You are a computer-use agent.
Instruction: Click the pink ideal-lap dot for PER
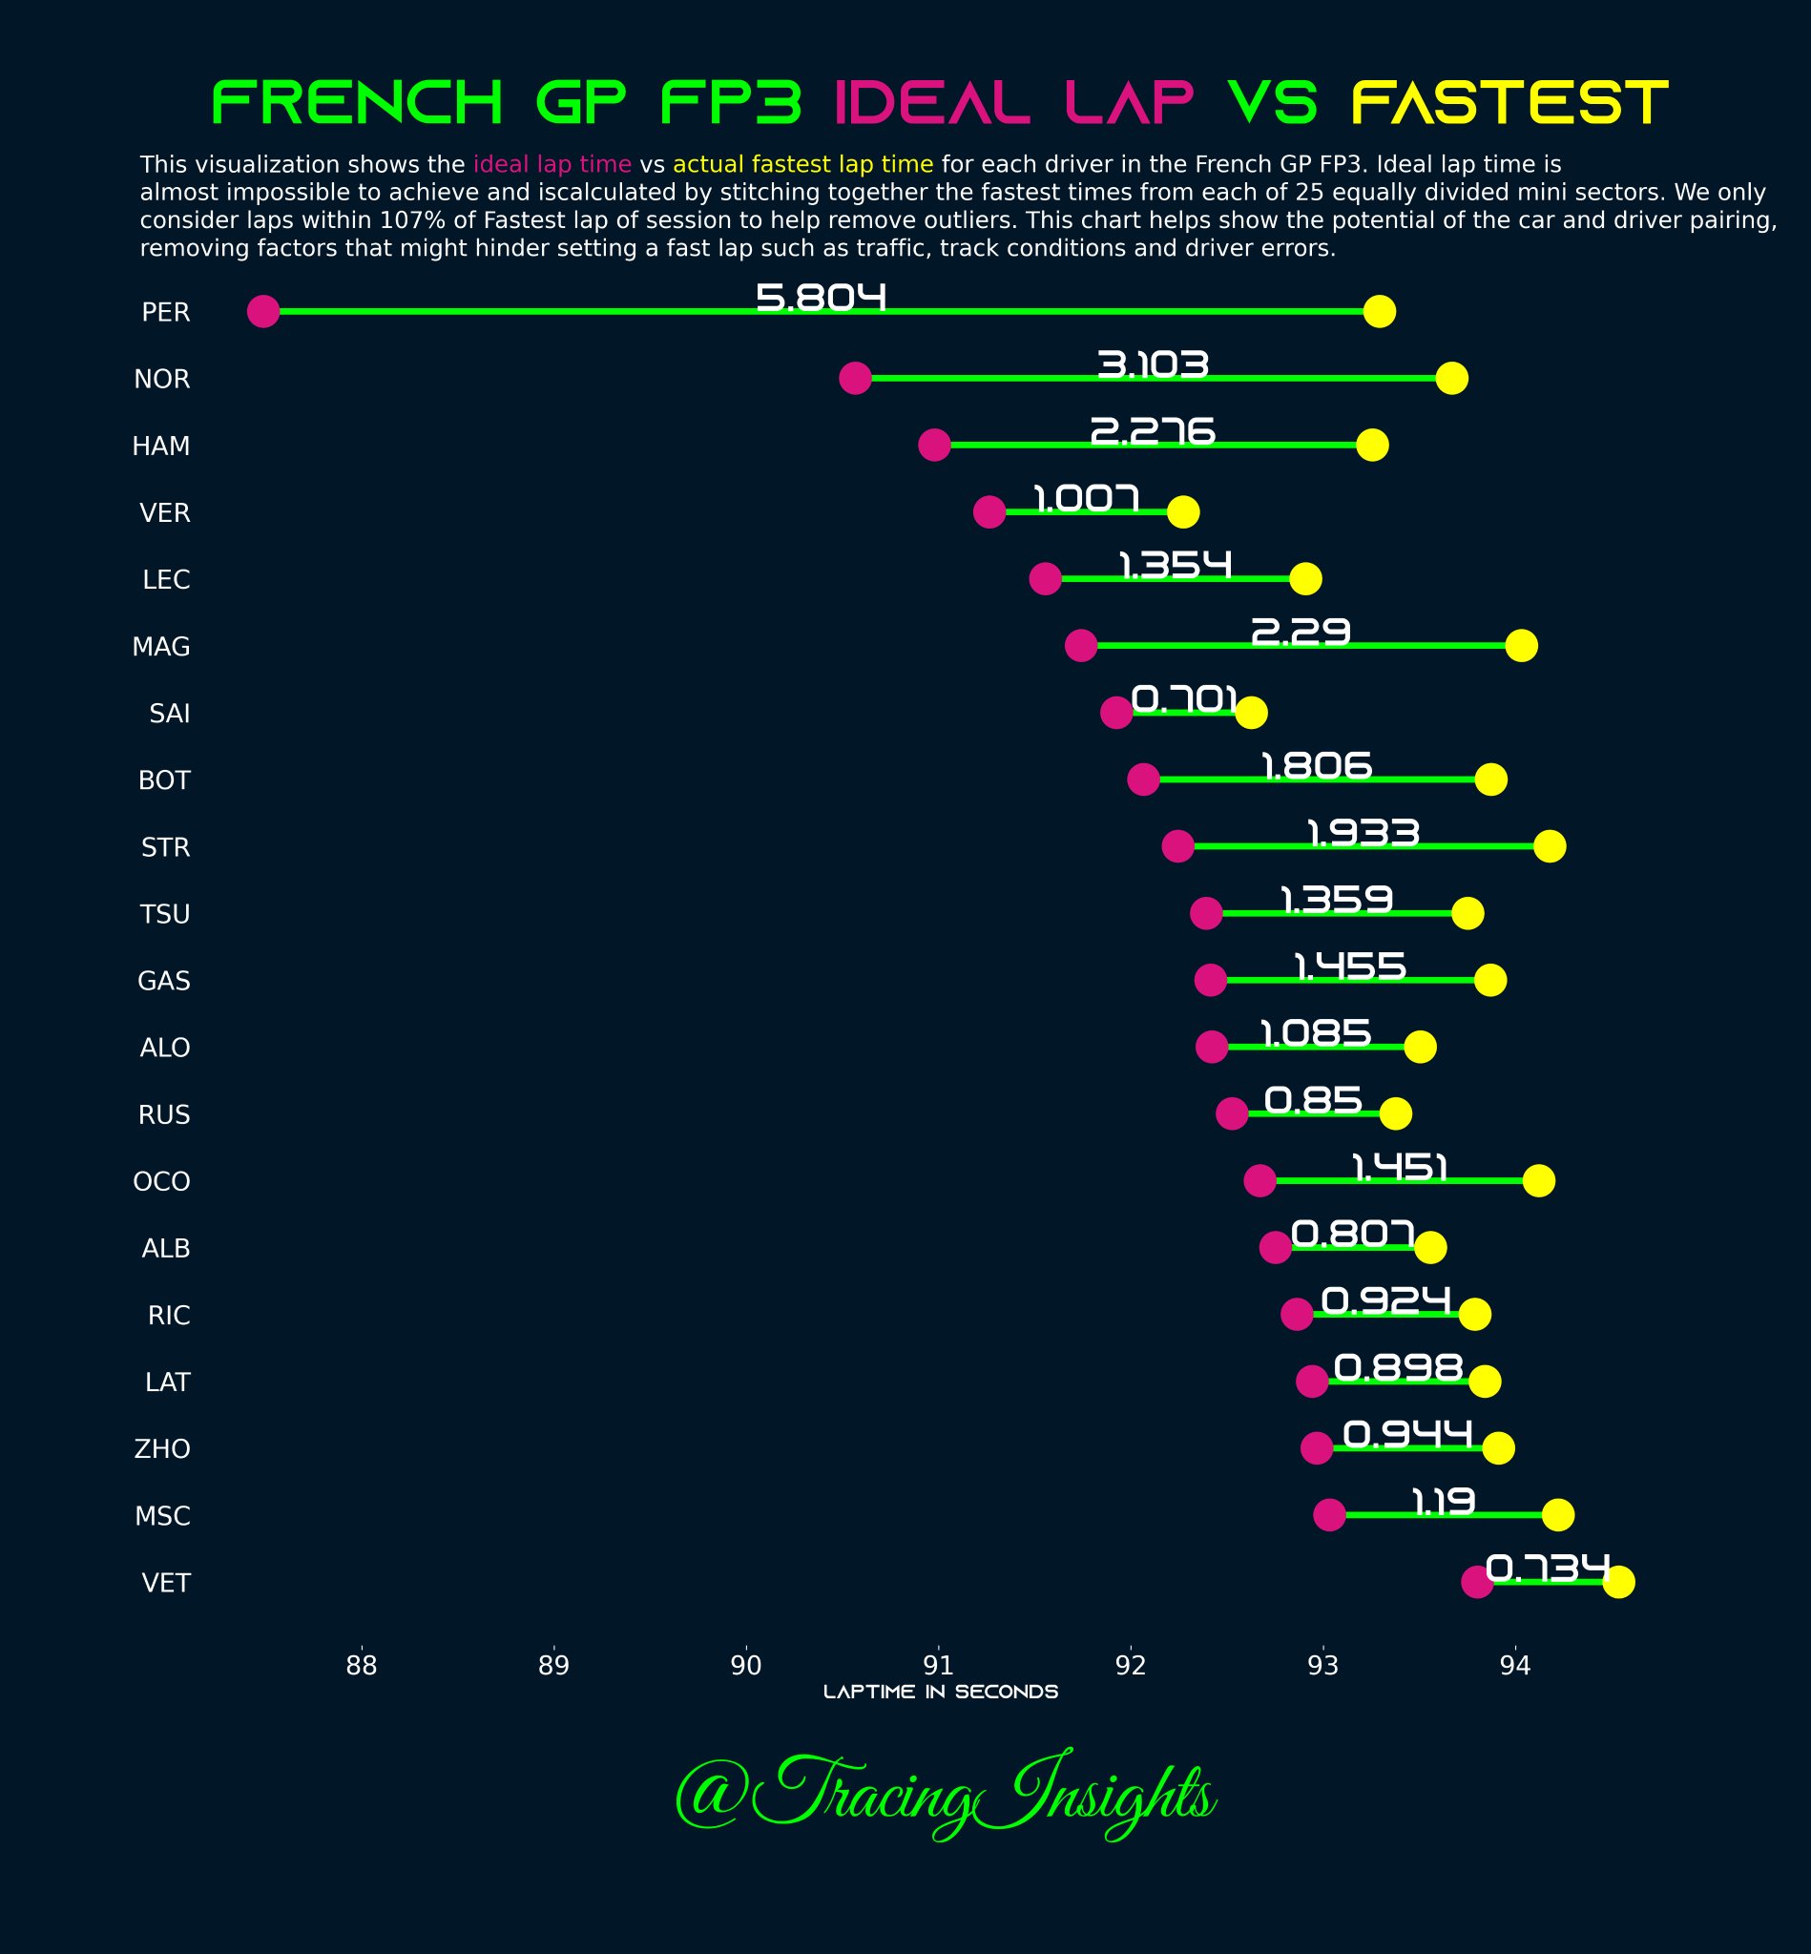pos(262,312)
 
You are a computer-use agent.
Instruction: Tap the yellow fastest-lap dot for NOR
pos(1451,378)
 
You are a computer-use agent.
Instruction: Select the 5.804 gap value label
pos(822,297)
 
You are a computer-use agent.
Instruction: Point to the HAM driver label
pos(160,446)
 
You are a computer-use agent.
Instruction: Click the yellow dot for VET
pos(1618,1582)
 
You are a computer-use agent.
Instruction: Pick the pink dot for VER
pos(989,511)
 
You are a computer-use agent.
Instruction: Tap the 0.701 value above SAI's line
pos(1183,698)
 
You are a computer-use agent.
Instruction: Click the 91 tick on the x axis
pos(938,1665)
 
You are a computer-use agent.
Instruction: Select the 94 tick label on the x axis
pos(1515,1665)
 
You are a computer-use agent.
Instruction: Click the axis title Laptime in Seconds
pos(940,1693)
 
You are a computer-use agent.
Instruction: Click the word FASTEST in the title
pos(1509,103)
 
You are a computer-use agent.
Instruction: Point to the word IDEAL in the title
pos(931,103)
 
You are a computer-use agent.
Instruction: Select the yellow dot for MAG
pos(1521,646)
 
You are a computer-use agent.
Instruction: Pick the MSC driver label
pos(161,1516)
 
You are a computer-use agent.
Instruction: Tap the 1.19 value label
pos(1443,1501)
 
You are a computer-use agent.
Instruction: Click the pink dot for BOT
pos(1143,780)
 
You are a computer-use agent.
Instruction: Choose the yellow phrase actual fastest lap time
pos(802,164)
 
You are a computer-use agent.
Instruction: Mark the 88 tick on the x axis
pos(362,1665)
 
